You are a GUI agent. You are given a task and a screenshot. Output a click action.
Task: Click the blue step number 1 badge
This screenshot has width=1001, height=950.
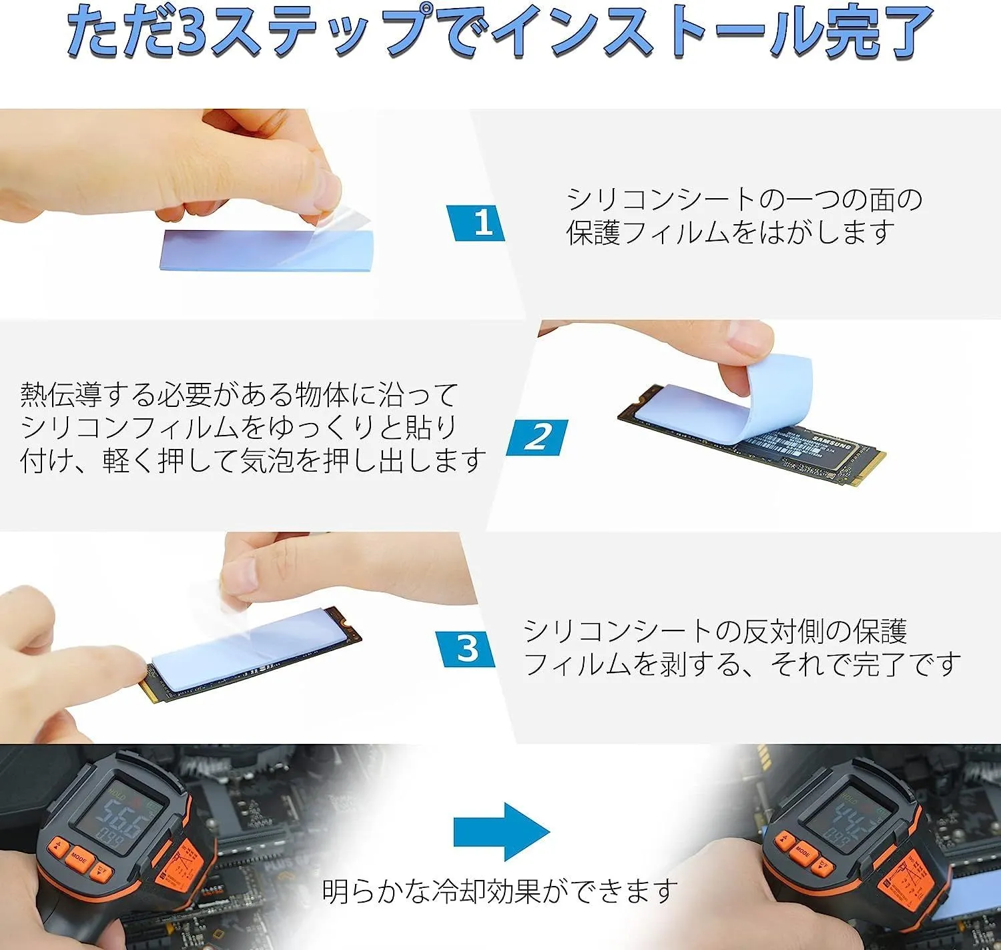pos(476,223)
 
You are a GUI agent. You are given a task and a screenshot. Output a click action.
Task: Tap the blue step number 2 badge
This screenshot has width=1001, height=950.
pos(537,438)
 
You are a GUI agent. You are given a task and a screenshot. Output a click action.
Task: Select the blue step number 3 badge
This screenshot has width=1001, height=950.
pos(465,648)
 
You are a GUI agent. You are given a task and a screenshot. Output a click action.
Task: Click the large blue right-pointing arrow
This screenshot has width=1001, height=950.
pos(502,832)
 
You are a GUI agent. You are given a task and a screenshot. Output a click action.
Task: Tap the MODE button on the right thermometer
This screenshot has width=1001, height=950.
pos(802,852)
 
